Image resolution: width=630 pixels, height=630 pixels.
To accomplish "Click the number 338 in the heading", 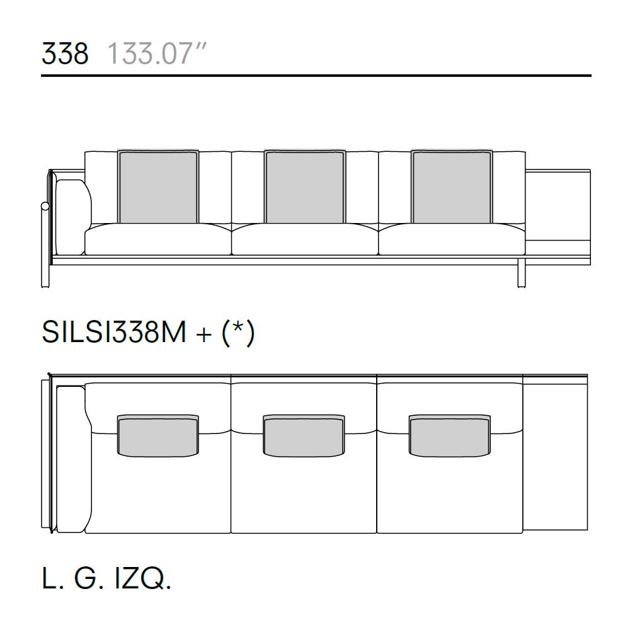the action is pos(65,53).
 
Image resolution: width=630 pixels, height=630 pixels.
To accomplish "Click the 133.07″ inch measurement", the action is pos(156,53).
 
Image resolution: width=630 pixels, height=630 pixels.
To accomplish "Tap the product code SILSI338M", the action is pos(114,332).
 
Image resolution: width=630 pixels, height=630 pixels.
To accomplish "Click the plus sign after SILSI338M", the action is pos(203,335).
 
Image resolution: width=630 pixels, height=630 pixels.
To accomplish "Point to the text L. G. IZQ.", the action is pos(106,578).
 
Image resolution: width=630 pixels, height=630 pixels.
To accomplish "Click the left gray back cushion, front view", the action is pos(158,186).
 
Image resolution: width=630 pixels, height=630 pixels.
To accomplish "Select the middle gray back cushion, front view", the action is pos(304,186).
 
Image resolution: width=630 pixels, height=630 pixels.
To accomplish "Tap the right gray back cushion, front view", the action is pos(452,186).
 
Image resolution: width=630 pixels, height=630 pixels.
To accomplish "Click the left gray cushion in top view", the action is pos(158,436).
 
